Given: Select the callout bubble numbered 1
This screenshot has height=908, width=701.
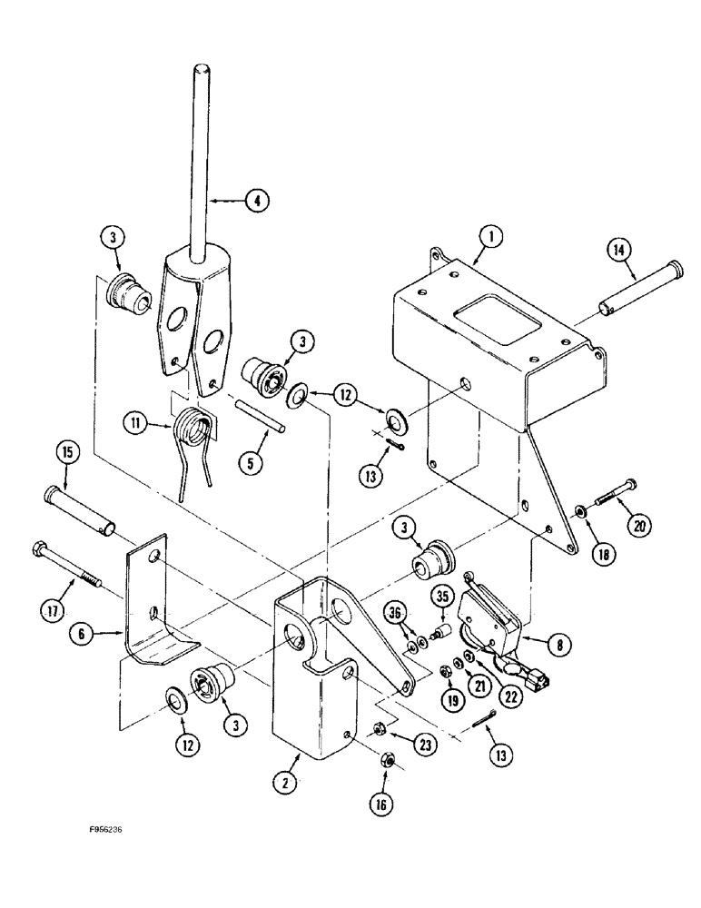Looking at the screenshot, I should click(x=489, y=237).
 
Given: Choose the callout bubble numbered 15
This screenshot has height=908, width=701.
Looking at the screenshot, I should click(x=66, y=452).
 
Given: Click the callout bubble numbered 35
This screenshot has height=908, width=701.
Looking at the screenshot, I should click(x=442, y=597).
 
